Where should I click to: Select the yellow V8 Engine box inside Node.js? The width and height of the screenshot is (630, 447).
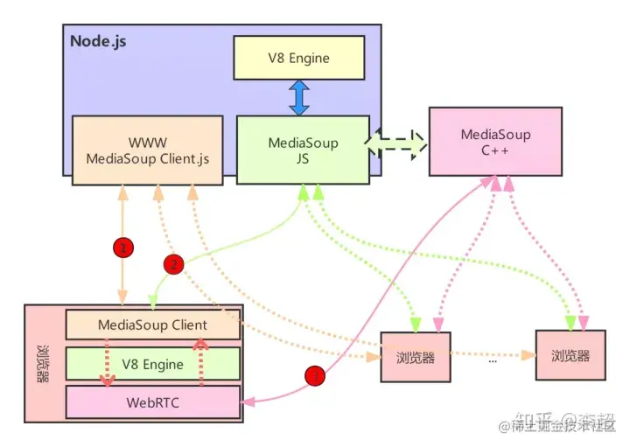299,59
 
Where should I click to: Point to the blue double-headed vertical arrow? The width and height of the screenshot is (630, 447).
299,97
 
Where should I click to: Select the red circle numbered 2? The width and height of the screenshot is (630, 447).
174,263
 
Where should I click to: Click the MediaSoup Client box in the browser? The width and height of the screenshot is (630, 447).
153,325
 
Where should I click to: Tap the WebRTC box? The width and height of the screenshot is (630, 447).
153,402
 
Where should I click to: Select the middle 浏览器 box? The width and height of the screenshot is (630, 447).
415,357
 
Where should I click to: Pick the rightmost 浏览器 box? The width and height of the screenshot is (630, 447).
570,357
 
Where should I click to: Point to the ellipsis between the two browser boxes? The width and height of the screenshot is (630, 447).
493,357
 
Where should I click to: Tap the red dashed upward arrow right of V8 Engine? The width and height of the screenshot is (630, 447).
200,363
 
